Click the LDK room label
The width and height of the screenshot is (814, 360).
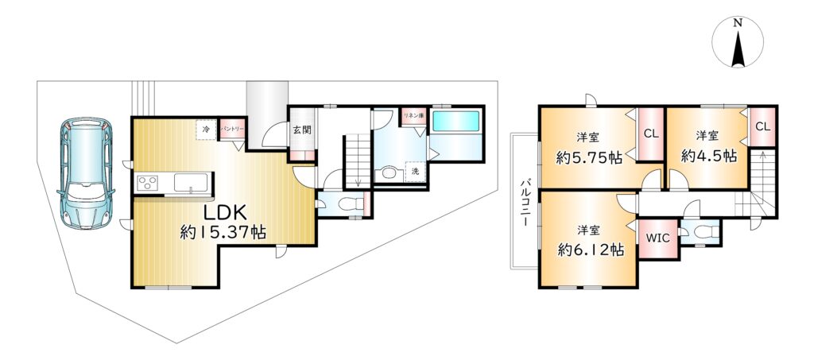point(223,213)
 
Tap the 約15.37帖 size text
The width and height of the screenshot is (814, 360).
point(223,233)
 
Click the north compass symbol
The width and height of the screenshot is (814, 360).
point(738,42)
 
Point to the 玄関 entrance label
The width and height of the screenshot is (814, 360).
point(302,130)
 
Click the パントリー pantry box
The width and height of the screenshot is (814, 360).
point(231,129)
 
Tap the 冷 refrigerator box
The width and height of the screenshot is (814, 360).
point(206,130)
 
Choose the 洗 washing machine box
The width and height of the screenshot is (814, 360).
point(415,171)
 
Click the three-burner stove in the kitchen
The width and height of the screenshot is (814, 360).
point(147,183)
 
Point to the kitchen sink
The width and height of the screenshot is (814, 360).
point(191,183)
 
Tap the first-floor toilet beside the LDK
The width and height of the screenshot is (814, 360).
point(348,205)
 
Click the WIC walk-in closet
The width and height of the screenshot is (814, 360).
point(658,238)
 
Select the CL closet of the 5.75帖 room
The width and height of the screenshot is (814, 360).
point(651,134)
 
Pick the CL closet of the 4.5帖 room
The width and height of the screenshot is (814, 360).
point(762,126)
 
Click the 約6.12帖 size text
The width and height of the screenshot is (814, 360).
point(591,250)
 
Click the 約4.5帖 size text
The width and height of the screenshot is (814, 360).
point(709,156)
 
